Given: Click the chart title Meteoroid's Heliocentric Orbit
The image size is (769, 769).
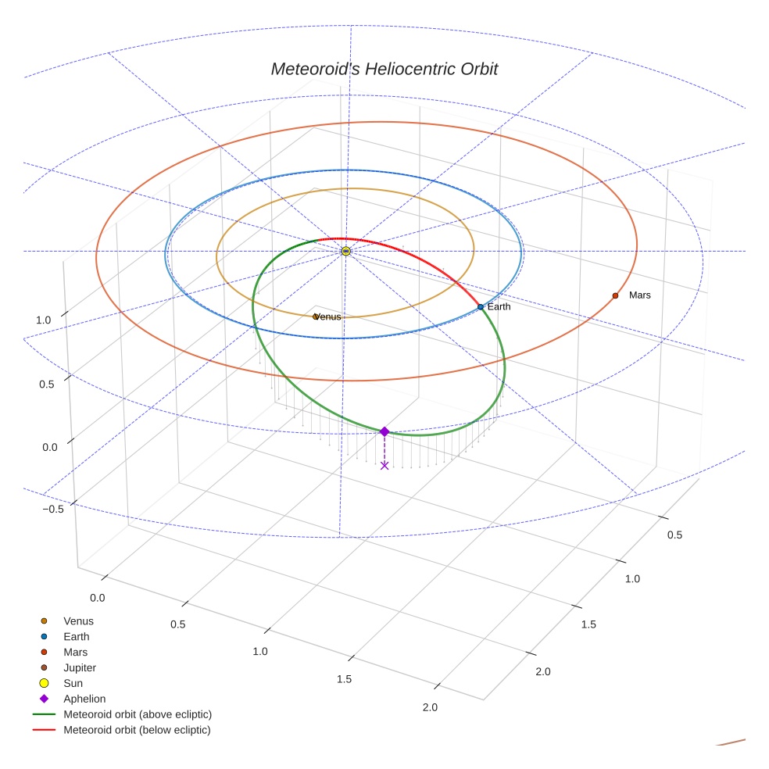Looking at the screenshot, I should [x=384, y=69].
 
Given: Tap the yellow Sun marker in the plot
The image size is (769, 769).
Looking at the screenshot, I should [x=345, y=251].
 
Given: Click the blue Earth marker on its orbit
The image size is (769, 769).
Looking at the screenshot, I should [x=481, y=307].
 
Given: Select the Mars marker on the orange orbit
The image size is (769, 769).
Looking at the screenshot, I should [x=615, y=295].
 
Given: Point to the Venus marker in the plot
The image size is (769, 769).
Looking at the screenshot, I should [x=316, y=317].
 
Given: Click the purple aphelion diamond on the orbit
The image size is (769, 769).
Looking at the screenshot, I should [x=384, y=431].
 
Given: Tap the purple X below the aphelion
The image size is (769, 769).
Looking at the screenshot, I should [x=384, y=465].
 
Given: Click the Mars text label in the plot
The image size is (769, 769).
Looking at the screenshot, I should [x=639, y=295].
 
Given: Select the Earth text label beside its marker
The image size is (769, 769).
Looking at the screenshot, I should [x=499, y=307].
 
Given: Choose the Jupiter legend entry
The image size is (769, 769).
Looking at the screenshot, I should [x=79, y=667].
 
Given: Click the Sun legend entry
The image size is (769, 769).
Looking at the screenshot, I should [x=73, y=683].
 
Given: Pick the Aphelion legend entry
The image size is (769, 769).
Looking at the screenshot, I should [x=84, y=699].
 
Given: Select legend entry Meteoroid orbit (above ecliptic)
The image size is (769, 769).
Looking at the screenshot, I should [x=137, y=714].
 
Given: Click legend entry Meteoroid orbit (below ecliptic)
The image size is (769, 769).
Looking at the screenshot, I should [x=137, y=730].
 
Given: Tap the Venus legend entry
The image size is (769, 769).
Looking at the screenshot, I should [x=78, y=621].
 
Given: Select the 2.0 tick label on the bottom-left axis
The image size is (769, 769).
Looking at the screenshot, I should [x=429, y=707].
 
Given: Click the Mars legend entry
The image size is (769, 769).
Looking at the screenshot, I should [x=75, y=652].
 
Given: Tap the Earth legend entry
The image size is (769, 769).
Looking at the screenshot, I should [x=76, y=637].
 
